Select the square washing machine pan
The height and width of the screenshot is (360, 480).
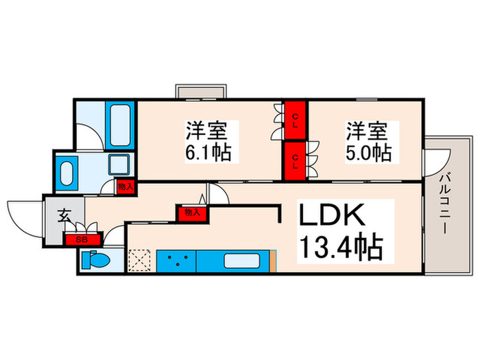point(120,165)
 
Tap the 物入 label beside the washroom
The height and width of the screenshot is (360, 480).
point(125,187)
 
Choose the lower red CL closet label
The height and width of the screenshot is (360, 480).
point(296,160)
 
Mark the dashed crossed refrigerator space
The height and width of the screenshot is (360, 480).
point(140,261)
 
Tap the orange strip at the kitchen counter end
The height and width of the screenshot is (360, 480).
point(272,261)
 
